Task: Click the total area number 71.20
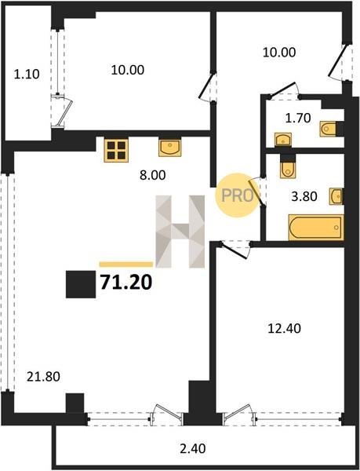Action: [126, 283]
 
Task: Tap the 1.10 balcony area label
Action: [27, 75]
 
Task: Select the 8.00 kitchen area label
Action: [153, 175]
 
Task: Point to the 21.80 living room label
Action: [43, 376]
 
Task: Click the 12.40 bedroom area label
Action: [284, 328]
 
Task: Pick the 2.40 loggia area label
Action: [192, 449]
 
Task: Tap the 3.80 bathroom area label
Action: [304, 196]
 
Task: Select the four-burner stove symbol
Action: [116, 150]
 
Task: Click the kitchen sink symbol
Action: [169, 148]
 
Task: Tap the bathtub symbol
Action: [316, 228]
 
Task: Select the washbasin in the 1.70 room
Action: [283, 140]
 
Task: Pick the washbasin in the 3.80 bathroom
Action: [336, 196]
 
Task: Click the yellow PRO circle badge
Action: [238, 195]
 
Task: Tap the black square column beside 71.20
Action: [81, 284]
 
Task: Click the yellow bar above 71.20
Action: [126, 265]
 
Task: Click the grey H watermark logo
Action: [180, 232]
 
